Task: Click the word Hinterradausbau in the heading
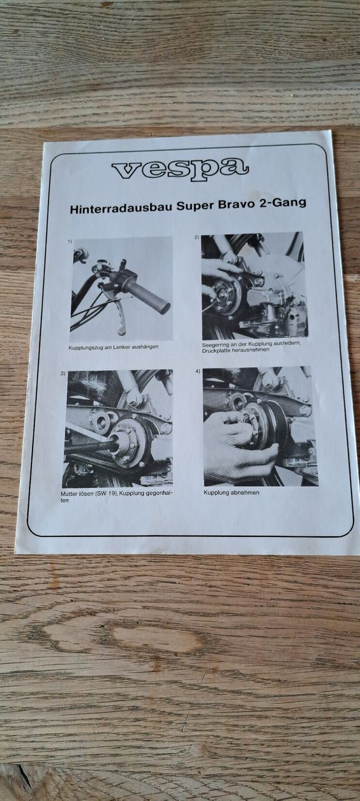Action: tap(120, 208)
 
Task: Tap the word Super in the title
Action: tap(191, 206)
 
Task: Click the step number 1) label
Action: tap(70, 242)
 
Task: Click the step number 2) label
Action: tap(196, 237)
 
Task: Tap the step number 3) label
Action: tap(62, 373)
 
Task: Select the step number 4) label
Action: tap(197, 371)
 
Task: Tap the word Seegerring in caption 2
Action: tap(215, 345)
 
